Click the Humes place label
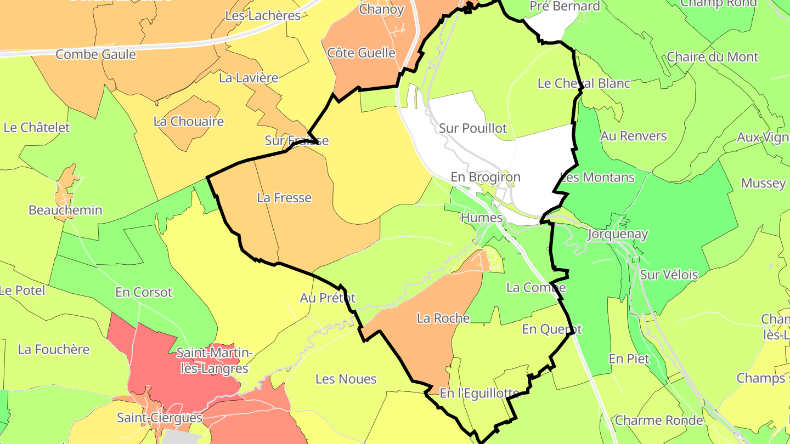click(482, 218)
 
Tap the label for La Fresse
click(284, 197)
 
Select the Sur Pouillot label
click(473, 128)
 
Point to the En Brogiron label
click(485, 177)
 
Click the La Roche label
click(443, 318)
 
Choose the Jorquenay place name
click(617, 234)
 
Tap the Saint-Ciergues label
click(160, 418)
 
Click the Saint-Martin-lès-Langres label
click(215, 361)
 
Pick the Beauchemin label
click(65, 210)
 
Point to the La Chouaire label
click(189, 121)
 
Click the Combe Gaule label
click(95, 54)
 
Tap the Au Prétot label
click(328, 298)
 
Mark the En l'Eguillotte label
click(479, 393)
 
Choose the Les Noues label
click(346, 379)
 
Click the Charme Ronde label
click(659, 420)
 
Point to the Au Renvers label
click(634, 135)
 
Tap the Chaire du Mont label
click(713, 57)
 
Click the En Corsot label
click(144, 292)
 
